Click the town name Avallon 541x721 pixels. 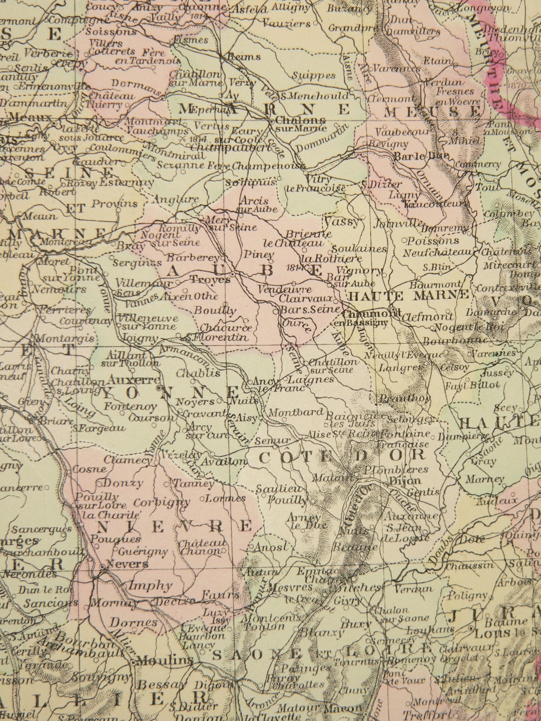[223, 462]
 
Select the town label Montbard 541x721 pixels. [296, 412]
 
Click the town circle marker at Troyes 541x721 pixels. [232, 273]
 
